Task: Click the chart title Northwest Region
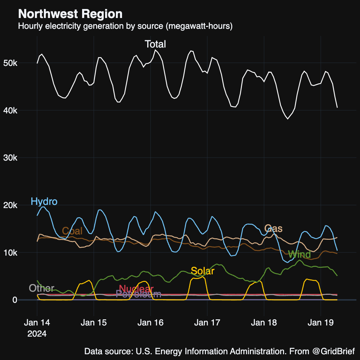click(x=70, y=14)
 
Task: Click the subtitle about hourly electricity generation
click(x=125, y=26)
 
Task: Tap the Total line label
click(x=155, y=44)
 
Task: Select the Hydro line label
click(x=44, y=202)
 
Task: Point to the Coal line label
click(x=72, y=231)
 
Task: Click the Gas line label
click(x=273, y=229)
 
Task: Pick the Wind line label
click(x=299, y=255)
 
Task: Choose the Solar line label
click(x=202, y=271)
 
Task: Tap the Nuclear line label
click(x=136, y=289)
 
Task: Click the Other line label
click(x=41, y=288)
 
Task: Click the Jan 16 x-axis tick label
click(x=150, y=323)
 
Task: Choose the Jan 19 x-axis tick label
click(x=320, y=323)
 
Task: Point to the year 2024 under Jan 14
click(x=37, y=334)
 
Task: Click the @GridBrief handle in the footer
click(x=333, y=351)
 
